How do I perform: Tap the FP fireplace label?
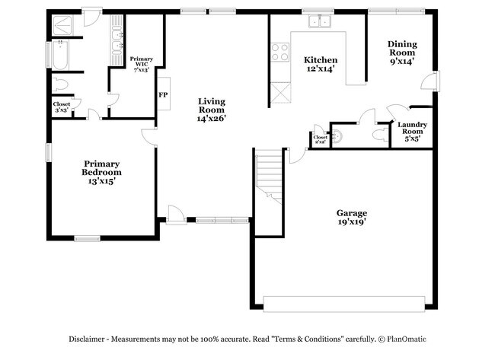(x=162, y=95)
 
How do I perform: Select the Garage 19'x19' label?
(x=352, y=217)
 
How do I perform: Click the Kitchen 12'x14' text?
(x=321, y=64)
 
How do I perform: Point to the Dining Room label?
(x=401, y=53)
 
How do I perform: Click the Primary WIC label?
(x=141, y=64)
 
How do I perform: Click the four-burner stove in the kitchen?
(x=279, y=53)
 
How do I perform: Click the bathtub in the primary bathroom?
(x=60, y=56)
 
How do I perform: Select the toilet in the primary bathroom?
(x=61, y=84)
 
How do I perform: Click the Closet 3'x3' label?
(x=61, y=107)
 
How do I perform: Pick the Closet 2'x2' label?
(x=321, y=139)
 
